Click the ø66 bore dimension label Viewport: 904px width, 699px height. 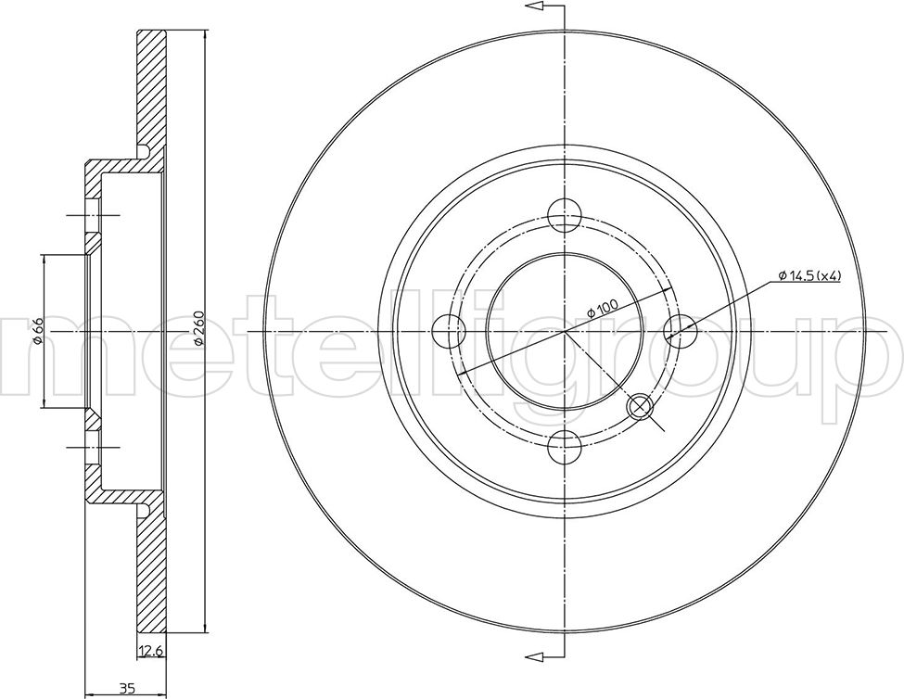click(x=37, y=331)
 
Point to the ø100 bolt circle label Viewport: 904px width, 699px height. click(x=602, y=306)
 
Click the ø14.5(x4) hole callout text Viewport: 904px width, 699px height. click(x=809, y=276)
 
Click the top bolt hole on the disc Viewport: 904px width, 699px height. click(x=564, y=215)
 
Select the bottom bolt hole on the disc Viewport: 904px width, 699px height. click(x=564, y=448)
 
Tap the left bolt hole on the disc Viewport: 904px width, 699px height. click(x=448, y=331)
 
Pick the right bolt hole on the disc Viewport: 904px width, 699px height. click(x=681, y=331)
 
